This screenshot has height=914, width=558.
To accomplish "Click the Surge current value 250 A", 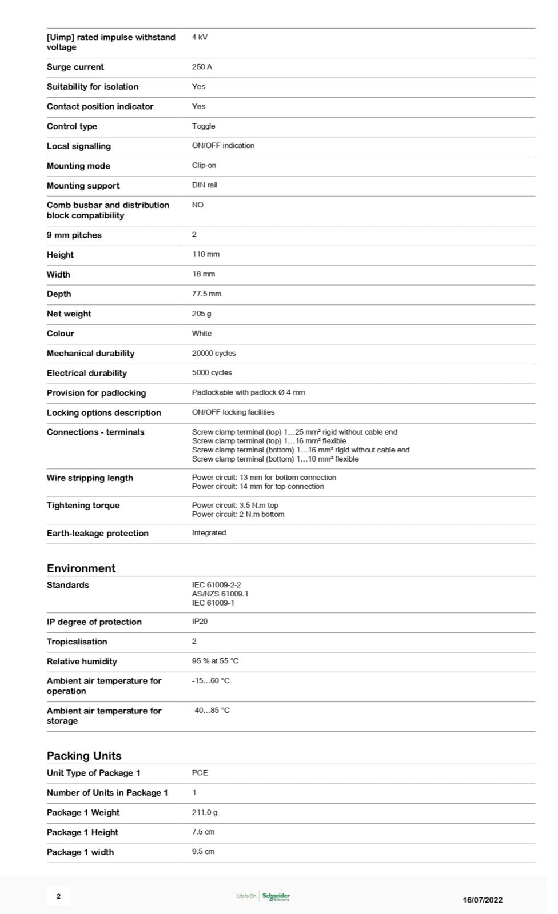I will coord(202,67).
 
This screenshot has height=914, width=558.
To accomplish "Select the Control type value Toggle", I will coord(204,126).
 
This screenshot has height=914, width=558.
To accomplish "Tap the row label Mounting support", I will coord(83,186).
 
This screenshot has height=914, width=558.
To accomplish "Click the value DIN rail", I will coord(205,185).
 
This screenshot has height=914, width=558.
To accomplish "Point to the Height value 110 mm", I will coord(206,254).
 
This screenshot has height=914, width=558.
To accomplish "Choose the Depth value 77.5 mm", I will coord(206,294).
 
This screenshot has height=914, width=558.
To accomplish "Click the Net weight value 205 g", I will coord(202,314).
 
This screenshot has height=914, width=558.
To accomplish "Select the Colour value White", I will coord(202,333).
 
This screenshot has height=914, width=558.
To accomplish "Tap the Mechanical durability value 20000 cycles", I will coord(214,353).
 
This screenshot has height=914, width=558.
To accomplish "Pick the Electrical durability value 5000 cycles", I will coord(212,372).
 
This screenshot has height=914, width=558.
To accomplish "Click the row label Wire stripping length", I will coord(90,478).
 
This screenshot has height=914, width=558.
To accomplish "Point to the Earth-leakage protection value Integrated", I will coord(209,532).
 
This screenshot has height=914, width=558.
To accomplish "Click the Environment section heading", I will coord(81,568).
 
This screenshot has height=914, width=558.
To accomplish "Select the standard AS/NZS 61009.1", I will coord(220,594).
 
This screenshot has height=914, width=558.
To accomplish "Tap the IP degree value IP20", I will coord(200,621).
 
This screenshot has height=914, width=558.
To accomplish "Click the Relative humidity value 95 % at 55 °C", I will coord(215,661).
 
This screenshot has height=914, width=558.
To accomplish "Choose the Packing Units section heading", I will coord(84,756).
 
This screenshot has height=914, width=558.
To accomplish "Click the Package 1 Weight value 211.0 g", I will coord(205,812).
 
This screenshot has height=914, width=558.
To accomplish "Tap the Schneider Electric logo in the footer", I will coord(276,896).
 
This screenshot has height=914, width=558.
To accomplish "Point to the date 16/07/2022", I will coord(483,900).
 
